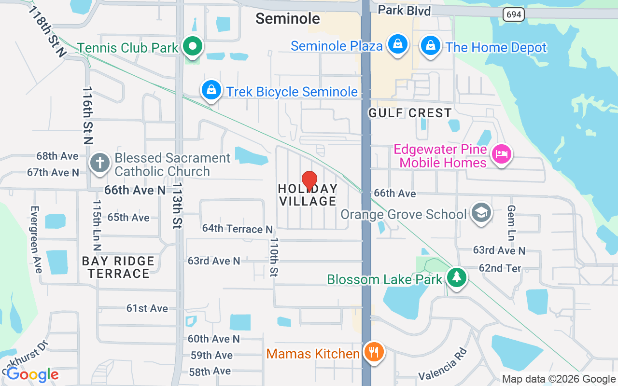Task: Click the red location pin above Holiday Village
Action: click(309, 181)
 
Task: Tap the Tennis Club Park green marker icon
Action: click(193, 47)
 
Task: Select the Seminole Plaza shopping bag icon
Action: click(397, 45)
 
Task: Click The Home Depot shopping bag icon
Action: click(429, 46)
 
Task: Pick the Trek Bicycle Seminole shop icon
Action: click(211, 90)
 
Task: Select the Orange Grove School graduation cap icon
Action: click(481, 213)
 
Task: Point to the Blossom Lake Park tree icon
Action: click(456, 278)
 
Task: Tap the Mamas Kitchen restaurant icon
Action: click(373, 352)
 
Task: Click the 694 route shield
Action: click(514, 14)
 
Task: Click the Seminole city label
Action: click(288, 18)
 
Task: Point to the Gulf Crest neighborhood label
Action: click(410, 113)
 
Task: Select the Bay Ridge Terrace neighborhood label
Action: click(118, 267)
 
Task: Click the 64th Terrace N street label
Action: click(237, 229)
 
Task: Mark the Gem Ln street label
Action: click(511, 222)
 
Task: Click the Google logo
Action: click(32, 374)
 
